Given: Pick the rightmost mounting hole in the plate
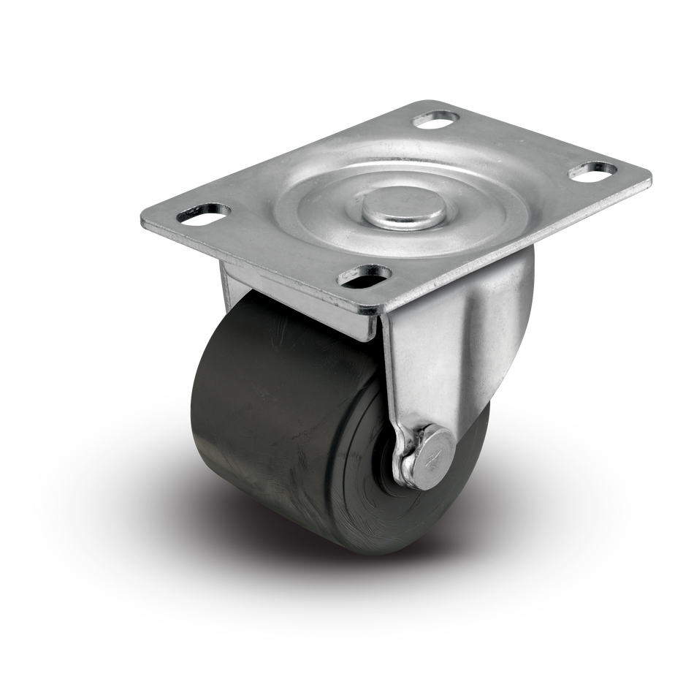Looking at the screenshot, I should [x=595, y=170].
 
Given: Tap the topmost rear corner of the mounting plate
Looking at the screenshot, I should [x=431, y=101].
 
